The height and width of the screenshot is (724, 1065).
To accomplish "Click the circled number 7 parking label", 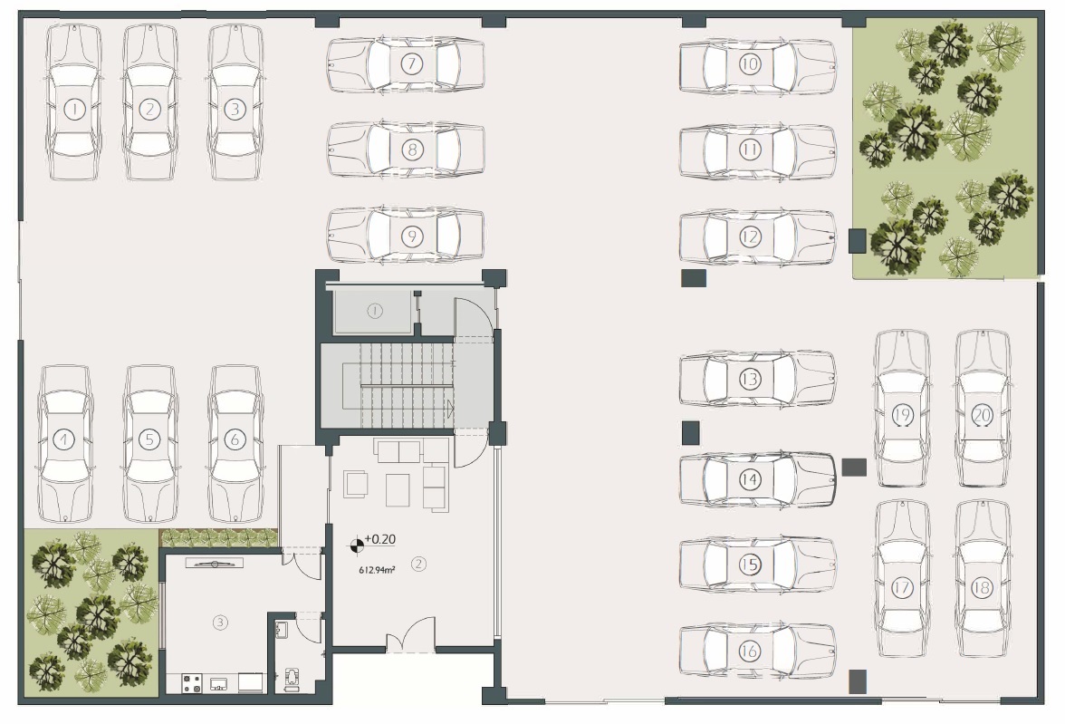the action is click(x=411, y=64).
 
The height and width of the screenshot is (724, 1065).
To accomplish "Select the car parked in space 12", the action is click(x=757, y=237).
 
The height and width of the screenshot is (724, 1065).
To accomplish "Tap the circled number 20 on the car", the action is click(x=982, y=415).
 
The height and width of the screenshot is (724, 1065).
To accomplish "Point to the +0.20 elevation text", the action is click(x=379, y=539).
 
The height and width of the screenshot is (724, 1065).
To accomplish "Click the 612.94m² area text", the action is click(x=377, y=570).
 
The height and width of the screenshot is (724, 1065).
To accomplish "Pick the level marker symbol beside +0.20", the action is click(x=357, y=545).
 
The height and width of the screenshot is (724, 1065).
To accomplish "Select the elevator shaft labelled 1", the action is click(x=373, y=311).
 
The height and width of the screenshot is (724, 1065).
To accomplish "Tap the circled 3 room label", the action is click(x=219, y=622).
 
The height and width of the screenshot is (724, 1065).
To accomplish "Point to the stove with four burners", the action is click(x=192, y=682).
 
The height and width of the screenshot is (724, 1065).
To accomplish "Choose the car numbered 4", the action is click(x=64, y=443).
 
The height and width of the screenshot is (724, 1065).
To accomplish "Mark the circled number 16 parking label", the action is click(x=748, y=651).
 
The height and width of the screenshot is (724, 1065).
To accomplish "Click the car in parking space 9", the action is click(x=406, y=236).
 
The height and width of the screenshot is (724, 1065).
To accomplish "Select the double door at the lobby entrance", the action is click(x=411, y=634).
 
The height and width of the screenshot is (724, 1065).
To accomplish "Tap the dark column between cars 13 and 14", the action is click(x=690, y=433).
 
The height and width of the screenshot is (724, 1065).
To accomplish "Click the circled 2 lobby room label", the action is click(x=418, y=564).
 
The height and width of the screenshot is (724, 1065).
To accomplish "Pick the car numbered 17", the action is click(x=901, y=578).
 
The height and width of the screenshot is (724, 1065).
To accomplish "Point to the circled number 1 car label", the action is click(x=73, y=108).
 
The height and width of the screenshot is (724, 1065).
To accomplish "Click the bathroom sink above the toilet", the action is click(x=282, y=630).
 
